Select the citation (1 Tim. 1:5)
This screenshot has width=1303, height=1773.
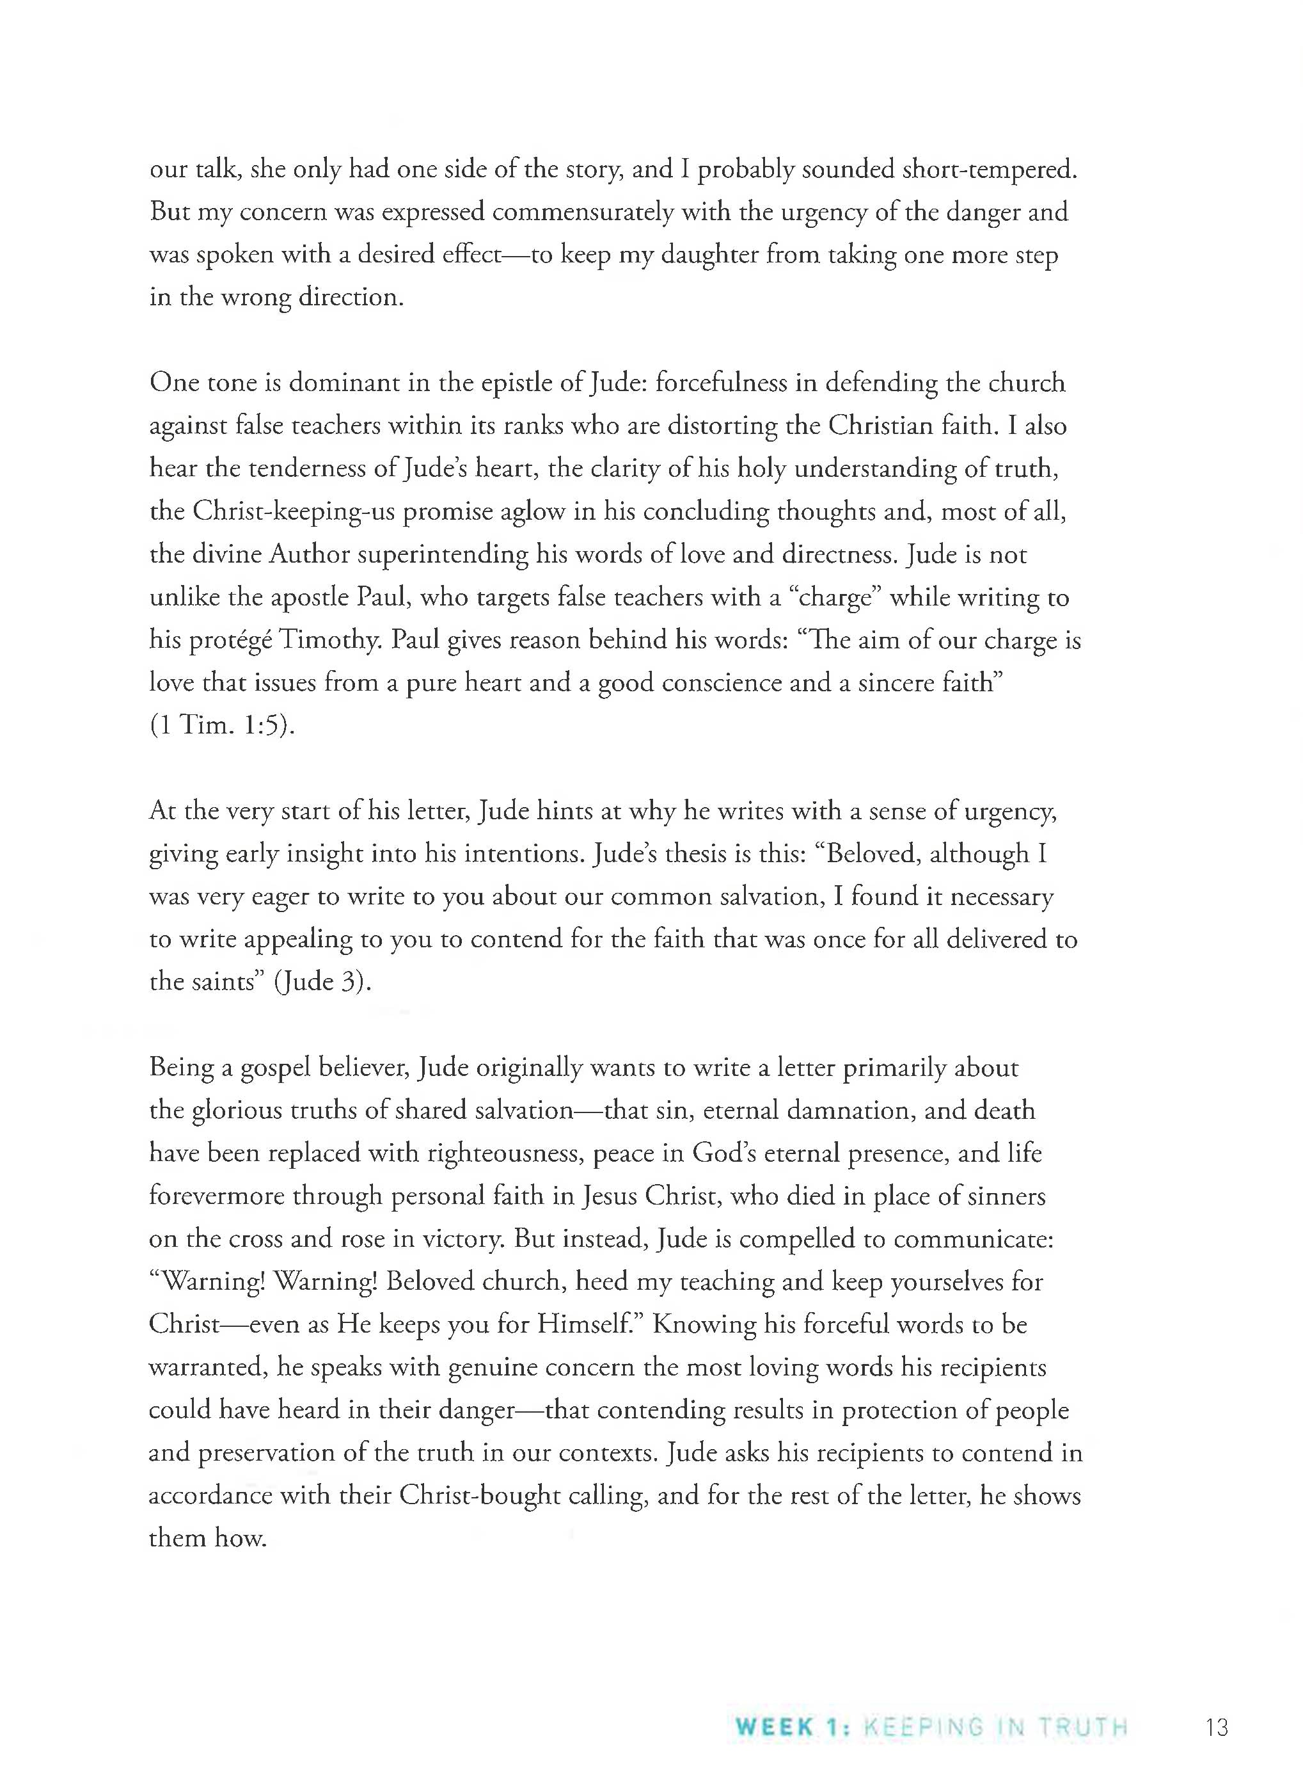223,725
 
